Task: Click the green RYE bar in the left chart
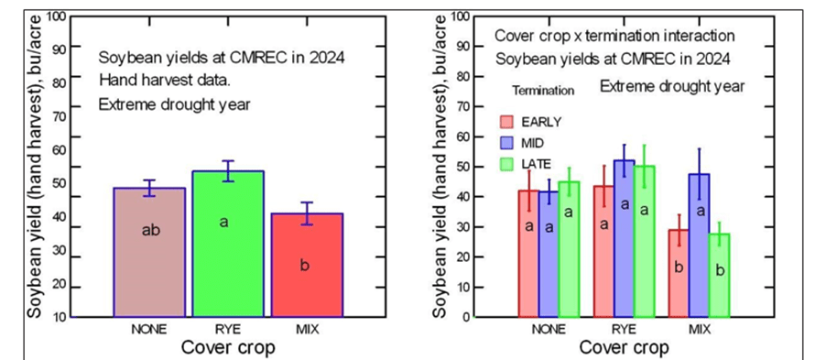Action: coord(228,244)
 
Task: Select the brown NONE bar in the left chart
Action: coord(149,252)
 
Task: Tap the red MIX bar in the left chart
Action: coord(306,265)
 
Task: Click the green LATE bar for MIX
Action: coord(719,275)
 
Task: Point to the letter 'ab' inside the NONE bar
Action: coord(150,230)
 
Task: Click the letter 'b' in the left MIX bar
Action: coord(305,266)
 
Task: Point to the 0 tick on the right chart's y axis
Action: coord(466,317)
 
